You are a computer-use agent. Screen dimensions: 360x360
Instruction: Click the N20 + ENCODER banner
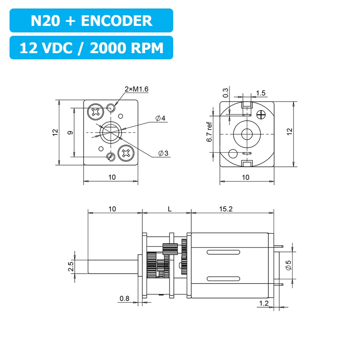(x=91, y=21)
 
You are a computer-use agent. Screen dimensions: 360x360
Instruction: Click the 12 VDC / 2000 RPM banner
(x=91, y=48)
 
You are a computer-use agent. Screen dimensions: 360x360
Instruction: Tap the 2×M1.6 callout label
(x=136, y=89)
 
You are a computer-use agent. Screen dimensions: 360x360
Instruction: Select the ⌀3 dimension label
(x=163, y=153)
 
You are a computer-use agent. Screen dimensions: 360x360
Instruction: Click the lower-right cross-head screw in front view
(x=125, y=153)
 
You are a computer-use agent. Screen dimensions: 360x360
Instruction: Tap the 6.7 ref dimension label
(x=210, y=133)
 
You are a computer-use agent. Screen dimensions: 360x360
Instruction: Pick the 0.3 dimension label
(x=225, y=93)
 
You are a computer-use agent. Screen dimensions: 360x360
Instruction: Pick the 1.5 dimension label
(x=261, y=93)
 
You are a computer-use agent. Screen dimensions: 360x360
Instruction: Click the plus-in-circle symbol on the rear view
(x=262, y=115)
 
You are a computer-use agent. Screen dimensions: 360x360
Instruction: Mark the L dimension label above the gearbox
(x=169, y=209)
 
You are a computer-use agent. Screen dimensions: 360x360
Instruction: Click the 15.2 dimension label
(x=226, y=209)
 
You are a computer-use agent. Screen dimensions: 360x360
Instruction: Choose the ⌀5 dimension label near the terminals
(x=288, y=265)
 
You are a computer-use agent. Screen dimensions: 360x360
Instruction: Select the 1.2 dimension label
(x=264, y=303)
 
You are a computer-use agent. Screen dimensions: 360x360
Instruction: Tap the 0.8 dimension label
(x=124, y=299)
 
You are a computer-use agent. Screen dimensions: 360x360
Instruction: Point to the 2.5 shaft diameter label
(x=71, y=267)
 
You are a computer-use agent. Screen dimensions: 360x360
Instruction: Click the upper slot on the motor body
(x=222, y=252)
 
